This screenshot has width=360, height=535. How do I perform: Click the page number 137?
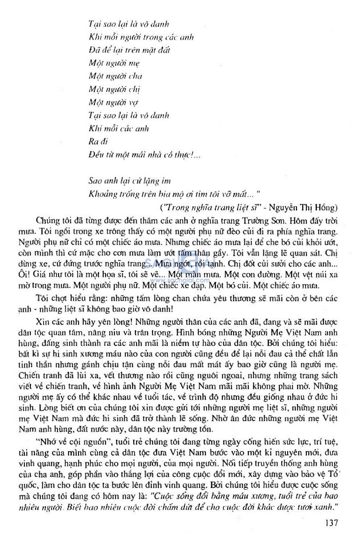[331, 522]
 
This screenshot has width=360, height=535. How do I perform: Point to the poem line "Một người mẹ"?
[114, 63]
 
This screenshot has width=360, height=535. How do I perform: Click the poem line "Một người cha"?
[115, 76]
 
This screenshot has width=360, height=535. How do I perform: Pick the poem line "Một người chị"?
[114, 89]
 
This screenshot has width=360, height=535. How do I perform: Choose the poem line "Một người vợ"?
[113, 102]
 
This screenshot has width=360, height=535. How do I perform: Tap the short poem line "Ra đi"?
[98, 142]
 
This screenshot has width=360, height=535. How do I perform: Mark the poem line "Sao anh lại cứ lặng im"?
[129, 181]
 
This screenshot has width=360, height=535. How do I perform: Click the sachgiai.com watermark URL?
[180, 280]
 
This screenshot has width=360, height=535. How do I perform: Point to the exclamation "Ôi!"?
[24, 274]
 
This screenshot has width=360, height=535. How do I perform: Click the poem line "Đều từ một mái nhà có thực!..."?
[144, 155]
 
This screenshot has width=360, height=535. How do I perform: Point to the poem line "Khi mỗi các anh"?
[118, 129]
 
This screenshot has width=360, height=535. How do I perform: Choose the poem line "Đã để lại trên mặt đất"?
[129, 50]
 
